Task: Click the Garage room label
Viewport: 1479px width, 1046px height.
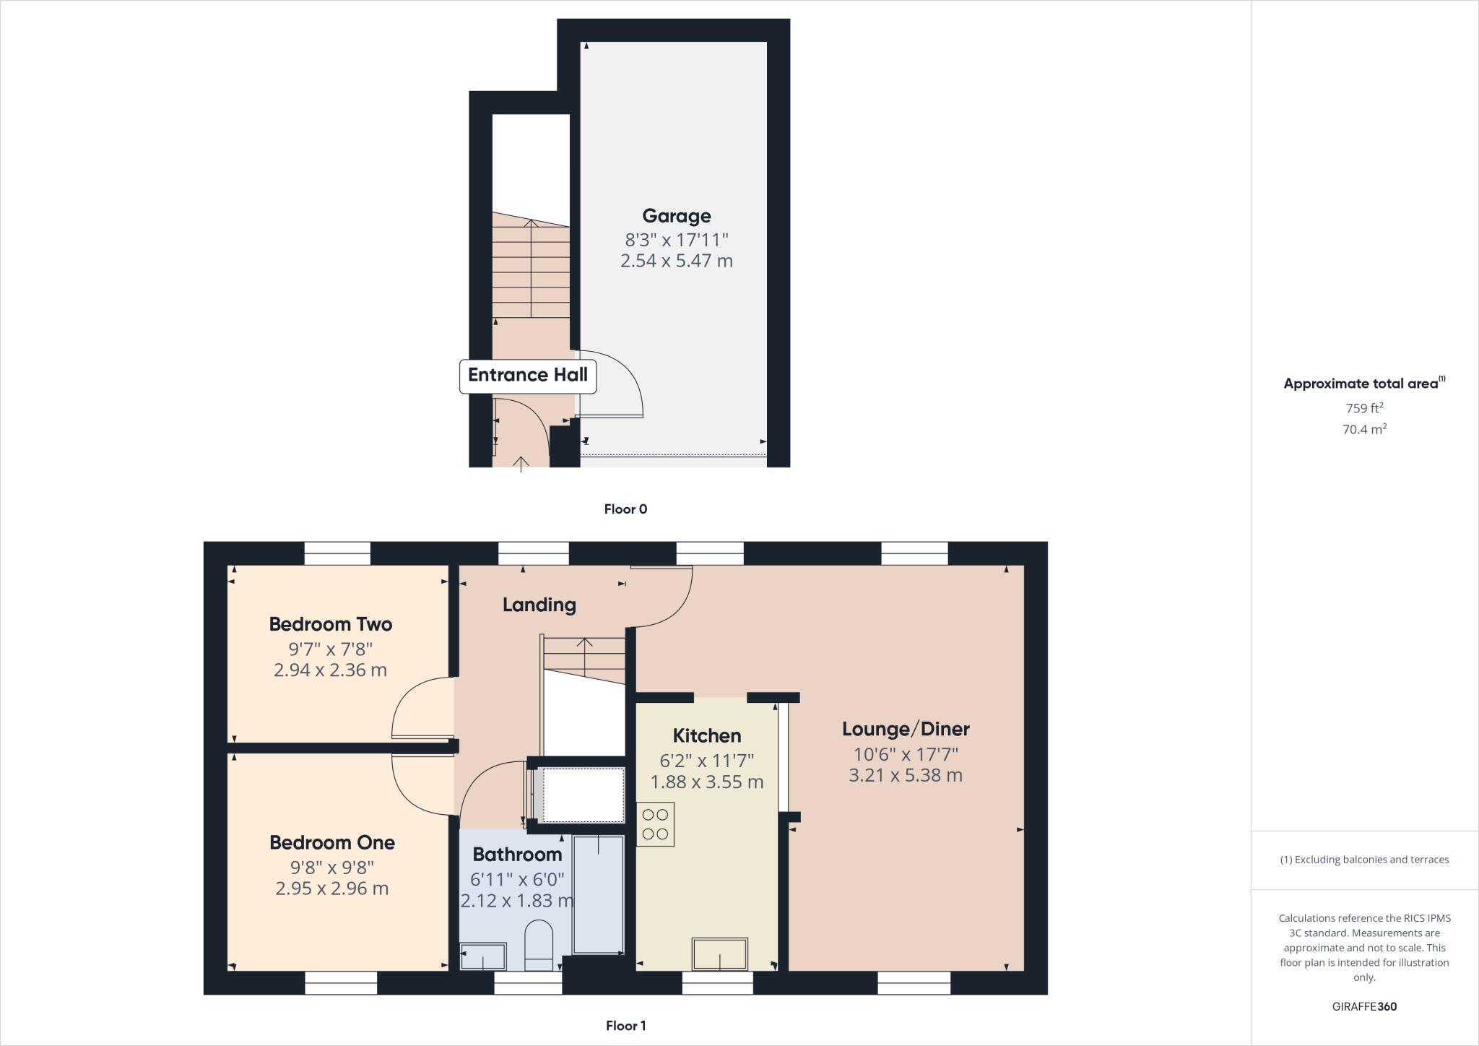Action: (677, 216)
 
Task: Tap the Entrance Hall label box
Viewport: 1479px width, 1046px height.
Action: (528, 376)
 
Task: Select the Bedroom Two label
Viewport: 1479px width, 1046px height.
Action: (330, 624)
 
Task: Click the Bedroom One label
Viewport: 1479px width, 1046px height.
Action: (331, 842)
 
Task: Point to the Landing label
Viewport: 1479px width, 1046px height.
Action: (539, 605)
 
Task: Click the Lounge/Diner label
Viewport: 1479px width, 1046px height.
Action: (906, 729)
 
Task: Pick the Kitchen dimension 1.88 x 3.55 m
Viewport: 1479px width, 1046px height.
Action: (706, 782)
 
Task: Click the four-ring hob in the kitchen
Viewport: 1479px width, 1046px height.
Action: (655, 824)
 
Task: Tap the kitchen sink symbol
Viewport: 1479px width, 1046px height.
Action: (720, 954)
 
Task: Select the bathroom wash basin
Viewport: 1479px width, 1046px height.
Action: (482, 956)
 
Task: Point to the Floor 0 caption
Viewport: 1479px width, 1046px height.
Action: (625, 509)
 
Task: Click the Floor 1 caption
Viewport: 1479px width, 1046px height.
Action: (625, 1026)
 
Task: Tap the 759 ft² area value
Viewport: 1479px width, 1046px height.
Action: (1363, 408)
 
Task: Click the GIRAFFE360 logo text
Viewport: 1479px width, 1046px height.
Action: (1364, 1007)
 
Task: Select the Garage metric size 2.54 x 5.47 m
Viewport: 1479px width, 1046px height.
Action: (677, 261)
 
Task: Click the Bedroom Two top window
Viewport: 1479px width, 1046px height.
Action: (337, 553)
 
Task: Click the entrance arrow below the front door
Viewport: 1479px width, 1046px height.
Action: (521, 463)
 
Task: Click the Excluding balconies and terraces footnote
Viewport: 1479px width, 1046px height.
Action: (1364, 860)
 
